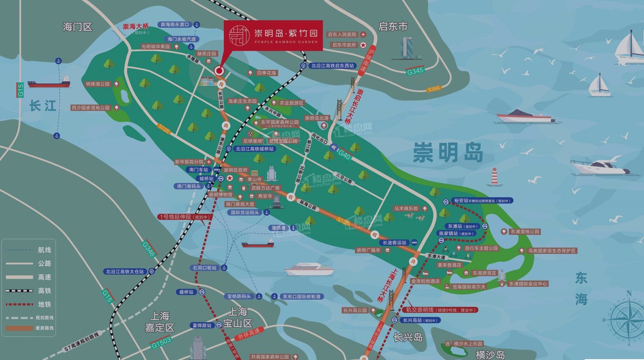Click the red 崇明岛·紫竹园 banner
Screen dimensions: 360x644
pos(273,35)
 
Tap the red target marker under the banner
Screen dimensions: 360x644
pos(219,71)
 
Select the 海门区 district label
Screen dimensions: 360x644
pos(78,27)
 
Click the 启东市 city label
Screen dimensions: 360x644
pos(393,26)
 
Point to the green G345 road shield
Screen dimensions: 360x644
pos(415,71)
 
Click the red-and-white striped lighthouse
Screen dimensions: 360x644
pos(494,177)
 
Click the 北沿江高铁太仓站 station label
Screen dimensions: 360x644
pos(125,272)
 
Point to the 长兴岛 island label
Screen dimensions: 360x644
pos(408,338)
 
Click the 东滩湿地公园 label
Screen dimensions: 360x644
pos(524,232)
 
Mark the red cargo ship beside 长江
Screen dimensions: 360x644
pos(49,82)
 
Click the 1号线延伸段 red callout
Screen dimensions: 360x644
pos(185,217)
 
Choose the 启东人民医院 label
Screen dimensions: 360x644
pos(342,34)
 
